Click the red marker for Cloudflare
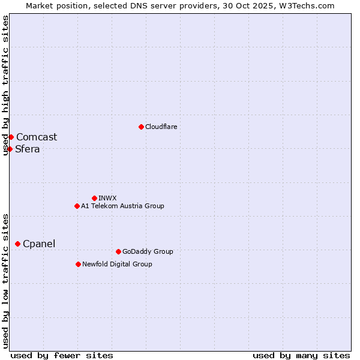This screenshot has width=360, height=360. click(141, 127)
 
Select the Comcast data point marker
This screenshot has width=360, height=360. click(11, 137)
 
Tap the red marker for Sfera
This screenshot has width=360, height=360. click(10, 149)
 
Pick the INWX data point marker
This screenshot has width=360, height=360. click(94, 198)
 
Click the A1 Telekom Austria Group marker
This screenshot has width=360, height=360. click(77, 206)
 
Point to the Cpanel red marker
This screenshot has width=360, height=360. click(17, 244)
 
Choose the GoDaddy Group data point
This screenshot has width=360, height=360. click(118, 251)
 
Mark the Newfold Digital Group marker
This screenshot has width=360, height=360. click(78, 264)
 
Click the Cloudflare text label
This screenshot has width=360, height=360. click(161, 127)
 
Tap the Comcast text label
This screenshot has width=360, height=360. click(37, 137)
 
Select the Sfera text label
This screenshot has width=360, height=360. click(28, 149)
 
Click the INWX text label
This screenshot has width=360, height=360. click(107, 198)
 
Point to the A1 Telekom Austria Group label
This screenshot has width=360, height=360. click(122, 206)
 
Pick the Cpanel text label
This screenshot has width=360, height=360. click(39, 244)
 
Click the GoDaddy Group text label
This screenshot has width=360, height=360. click(148, 251)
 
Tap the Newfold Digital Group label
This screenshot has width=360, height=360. click(117, 264)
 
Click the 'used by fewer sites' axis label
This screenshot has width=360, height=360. click(62, 355)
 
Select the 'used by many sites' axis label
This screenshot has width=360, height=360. click(301, 355)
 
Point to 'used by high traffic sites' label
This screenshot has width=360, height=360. click(5, 85)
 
